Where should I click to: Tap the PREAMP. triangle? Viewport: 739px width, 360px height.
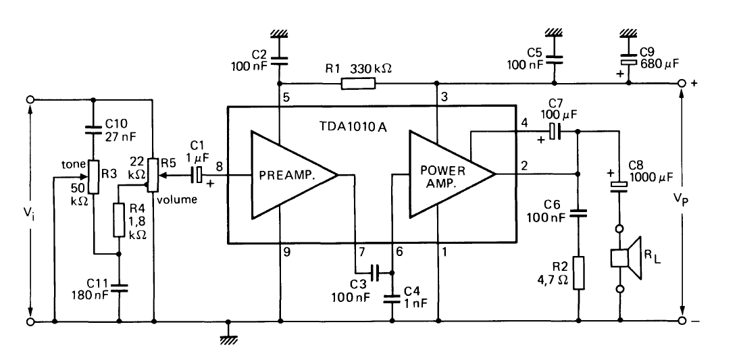point(287,175)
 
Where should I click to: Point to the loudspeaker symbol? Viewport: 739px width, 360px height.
point(625,258)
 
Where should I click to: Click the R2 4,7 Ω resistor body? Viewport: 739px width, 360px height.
point(579,273)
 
